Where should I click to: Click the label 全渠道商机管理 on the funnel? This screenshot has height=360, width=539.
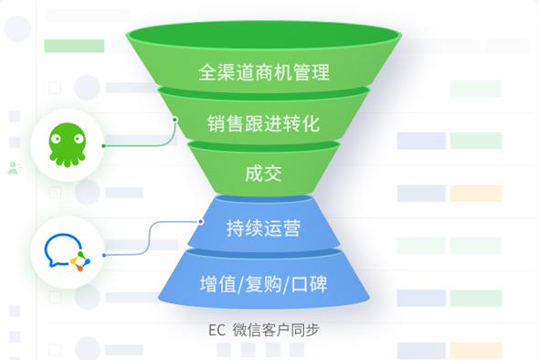pyautogui.click(x=264, y=72)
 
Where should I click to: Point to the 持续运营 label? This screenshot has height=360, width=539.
pyautogui.click(x=263, y=227)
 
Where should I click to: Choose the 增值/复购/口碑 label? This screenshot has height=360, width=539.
pyautogui.click(x=263, y=282)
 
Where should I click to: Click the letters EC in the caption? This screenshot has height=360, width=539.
pyautogui.click(x=217, y=329)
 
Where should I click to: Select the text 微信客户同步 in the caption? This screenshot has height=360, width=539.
pyautogui.click(x=276, y=329)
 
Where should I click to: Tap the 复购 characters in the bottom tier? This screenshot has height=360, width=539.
pyautogui.click(x=263, y=282)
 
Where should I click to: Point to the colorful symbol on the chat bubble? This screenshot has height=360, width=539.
pyautogui.click(x=79, y=260)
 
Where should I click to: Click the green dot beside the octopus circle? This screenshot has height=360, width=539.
pyautogui.click(x=103, y=144)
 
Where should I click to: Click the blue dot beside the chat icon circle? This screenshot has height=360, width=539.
pyautogui.click(x=103, y=253)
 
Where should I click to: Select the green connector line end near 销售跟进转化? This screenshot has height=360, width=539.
pyautogui.click(x=175, y=118)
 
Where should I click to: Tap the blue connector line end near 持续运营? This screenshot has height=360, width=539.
pyautogui.click(x=201, y=221)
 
